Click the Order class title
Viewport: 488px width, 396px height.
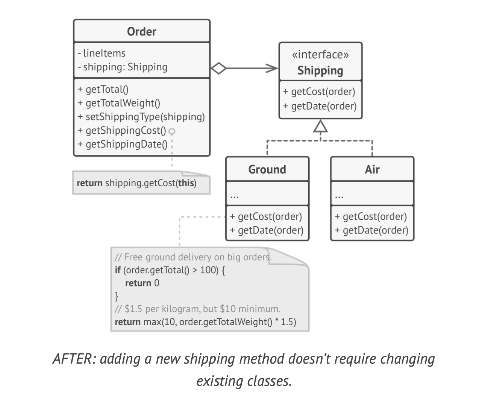coord(141,31)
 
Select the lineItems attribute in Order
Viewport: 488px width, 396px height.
coord(102,53)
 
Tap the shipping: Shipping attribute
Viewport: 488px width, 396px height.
coord(123,67)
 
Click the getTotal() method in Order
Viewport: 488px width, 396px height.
coord(103,89)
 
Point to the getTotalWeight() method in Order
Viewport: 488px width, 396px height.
coord(119,103)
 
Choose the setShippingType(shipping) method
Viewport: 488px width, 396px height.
coord(141,117)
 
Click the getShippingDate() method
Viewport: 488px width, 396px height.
coord(123,144)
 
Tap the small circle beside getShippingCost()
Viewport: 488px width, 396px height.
coord(172,131)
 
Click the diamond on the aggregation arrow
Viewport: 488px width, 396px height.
coord(218,69)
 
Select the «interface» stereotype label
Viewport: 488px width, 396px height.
coord(320,55)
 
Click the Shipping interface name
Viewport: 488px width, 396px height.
coord(320,70)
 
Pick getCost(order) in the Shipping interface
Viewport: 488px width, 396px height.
coord(319,91)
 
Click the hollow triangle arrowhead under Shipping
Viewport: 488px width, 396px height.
coord(320,127)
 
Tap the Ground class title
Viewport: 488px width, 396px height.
coord(267,169)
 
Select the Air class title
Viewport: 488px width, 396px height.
coord(372,169)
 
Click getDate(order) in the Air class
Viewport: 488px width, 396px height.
coord(371,230)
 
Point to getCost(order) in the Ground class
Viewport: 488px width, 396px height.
coord(266,216)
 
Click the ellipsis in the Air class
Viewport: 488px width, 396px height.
coord(339,196)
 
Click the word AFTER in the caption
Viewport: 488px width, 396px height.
coord(74,358)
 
